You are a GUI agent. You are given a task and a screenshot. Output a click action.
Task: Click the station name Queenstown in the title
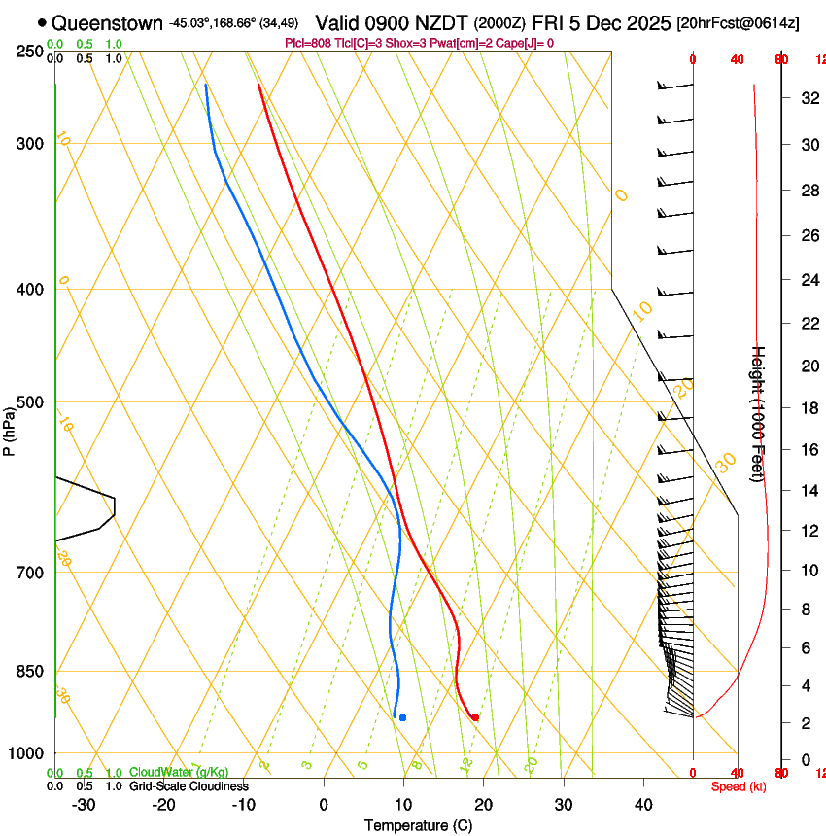pyautogui.click(x=107, y=23)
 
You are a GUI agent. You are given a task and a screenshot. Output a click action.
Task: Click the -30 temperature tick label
pyautogui.click(x=84, y=804)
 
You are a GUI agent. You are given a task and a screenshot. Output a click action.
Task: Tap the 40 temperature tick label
pyautogui.click(x=643, y=804)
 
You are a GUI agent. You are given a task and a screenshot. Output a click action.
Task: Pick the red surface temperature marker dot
pyautogui.click(x=475, y=717)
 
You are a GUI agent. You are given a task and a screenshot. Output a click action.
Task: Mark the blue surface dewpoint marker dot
pyautogui.click(x=402, y=717)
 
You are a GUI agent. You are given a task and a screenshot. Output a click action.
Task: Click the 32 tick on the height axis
pyautogui.click(x=807, y=98)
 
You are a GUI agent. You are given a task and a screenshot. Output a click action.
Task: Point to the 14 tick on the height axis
pyautogui.click(x=807, y=491)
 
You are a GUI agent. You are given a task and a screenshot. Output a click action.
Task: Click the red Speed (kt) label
pyautogui.click(x=739, y=786)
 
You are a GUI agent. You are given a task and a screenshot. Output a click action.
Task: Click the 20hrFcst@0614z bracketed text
pyautogui.click(x=739, y=23)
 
